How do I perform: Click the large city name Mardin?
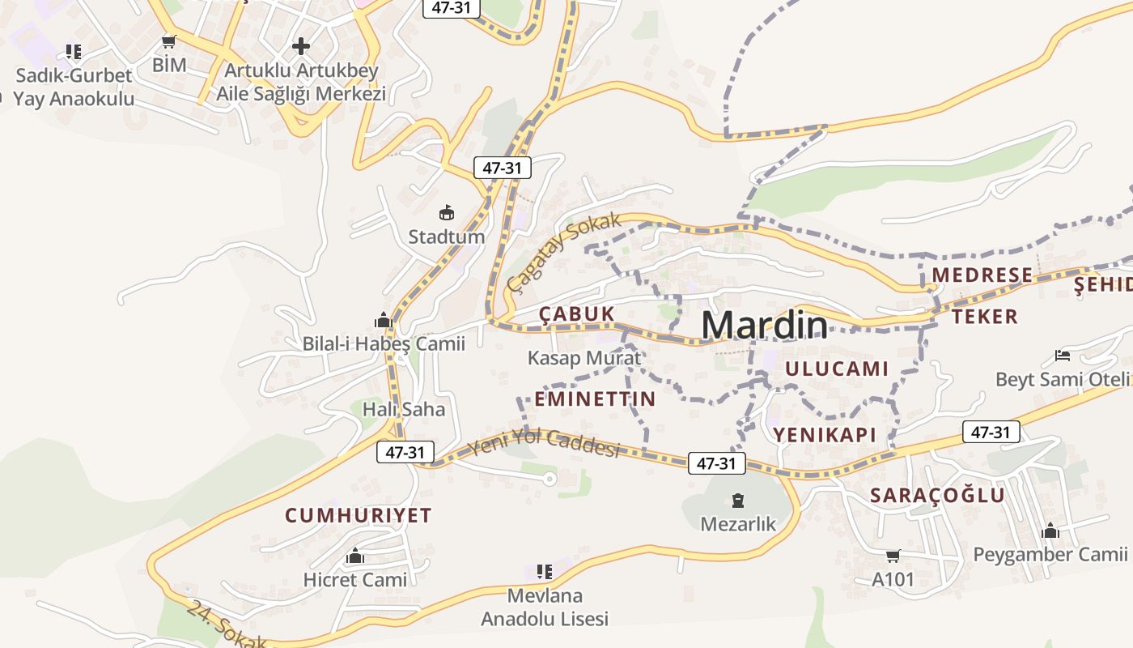pos(765,325)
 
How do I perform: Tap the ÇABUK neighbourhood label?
pos(577,314)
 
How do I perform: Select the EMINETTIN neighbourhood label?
pos(595,399)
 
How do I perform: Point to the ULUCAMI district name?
pos(838,369)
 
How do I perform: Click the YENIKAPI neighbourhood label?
pos(825,434)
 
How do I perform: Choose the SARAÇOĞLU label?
pos(937,496)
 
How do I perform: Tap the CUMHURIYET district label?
pos(359,515)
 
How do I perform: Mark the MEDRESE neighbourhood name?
pos(982,275)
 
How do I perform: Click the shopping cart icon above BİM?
pos(169,42)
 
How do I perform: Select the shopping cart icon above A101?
pos(893,556)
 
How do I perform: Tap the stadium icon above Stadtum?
pos(446,213)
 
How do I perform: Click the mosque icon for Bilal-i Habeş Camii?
pos(383,320)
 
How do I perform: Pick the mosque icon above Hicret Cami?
pos(354,556)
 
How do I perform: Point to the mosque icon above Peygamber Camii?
pos(1050,531)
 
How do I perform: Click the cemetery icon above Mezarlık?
pos(737,501)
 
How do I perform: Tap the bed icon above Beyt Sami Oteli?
pos(1063,355)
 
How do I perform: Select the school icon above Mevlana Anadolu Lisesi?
pos(545,572)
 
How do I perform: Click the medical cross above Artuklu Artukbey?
pos(301,46)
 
